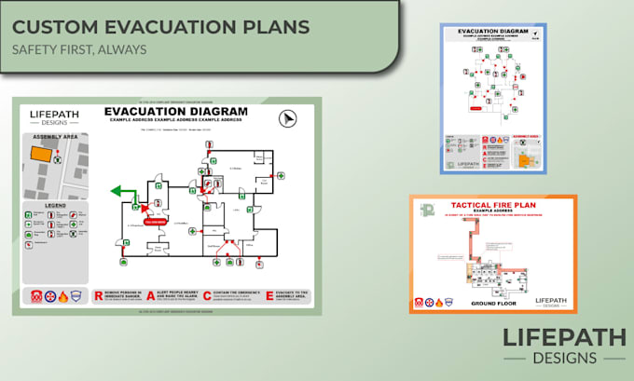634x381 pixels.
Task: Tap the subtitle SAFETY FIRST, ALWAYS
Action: (79, 48)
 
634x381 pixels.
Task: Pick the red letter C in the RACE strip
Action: (207, 295)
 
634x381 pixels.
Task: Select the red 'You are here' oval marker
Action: (156, 222)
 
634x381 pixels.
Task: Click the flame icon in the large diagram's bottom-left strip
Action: (62, 297)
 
